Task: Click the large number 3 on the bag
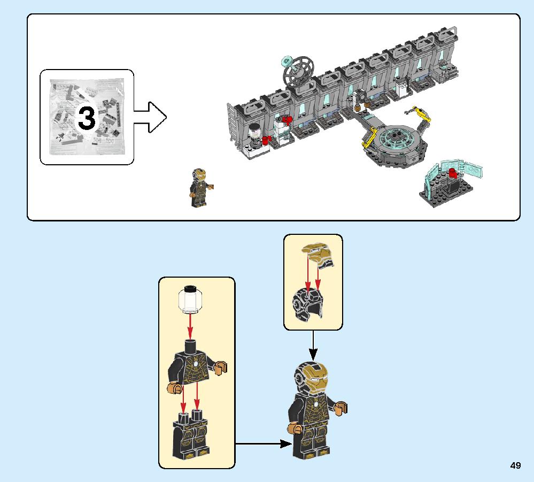(87, 118)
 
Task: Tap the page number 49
(515, 465)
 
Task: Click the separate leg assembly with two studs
(192, 436)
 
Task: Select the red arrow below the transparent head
(190, 326)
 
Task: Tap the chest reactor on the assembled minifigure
(313, 403)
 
